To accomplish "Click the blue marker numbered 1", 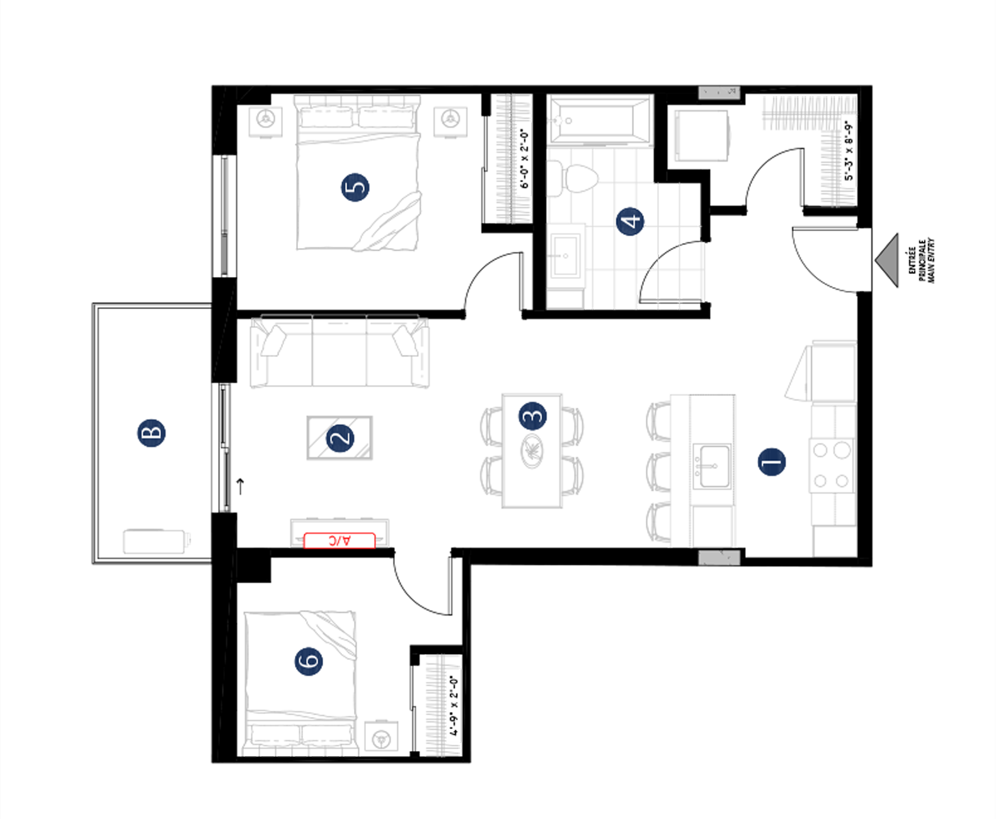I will pyautogui.click(x=772, y=463).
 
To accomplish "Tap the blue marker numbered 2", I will pyautogui.click(x=341, y=438).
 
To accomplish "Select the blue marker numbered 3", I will pyautogui.click(x=532, y=416).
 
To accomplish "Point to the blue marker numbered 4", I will pyautogui.click(x=632, y=222).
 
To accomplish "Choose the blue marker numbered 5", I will pyautogui.click(x=355, y=188).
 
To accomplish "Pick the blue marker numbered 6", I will pyautogui.click(x=304, y=663).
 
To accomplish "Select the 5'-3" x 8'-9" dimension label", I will pyautogui.click(x=849, y=150).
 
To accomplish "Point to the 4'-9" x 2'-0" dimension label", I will pyautogui.click(x=453, y=706).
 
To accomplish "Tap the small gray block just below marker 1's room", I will pyautogui.click(x=719, y=558).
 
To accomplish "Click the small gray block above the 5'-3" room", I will pyautogui.click(x=719, y=93).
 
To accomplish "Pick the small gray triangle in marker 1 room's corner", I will pyautogui.click(x=851, y=542).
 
